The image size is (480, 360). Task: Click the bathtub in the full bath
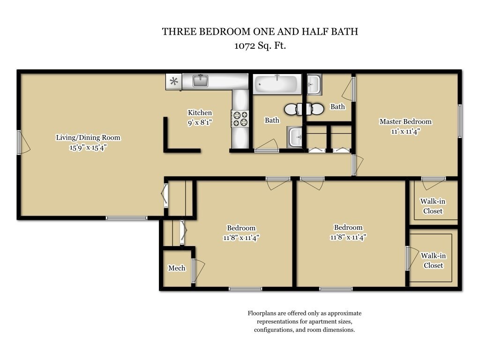(x=277, y=85)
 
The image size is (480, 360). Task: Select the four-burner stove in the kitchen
(x=240, y=119)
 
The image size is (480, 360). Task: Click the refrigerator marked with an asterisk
(x=174, y=82)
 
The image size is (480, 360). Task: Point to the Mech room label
(x=177, y=269)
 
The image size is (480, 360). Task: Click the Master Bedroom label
(x=405, y=122)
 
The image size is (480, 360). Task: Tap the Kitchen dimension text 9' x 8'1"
(x=200, y=122)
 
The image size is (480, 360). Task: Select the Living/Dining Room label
(x=88, y=138)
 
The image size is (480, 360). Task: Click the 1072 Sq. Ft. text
(x=260, y=46)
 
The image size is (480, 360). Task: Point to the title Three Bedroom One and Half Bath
(x=260, y=31)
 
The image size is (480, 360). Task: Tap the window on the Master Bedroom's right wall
(x=460, y=121)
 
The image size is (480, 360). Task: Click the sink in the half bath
(x=314, y=84)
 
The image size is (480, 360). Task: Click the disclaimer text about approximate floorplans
(x=304, y=321)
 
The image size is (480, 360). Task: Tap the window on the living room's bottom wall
(x=126, y=217)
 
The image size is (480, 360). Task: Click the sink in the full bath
(x=296, y=137)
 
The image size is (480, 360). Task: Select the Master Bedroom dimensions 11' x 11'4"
(x=405, y=131)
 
